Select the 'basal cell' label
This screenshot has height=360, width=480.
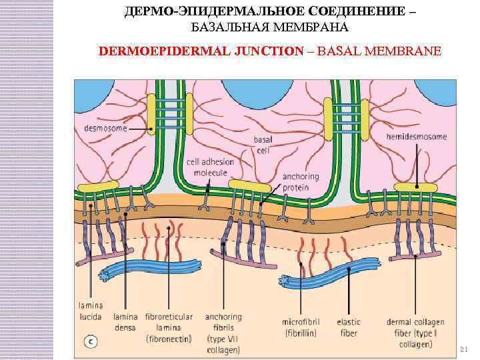pos(263,145)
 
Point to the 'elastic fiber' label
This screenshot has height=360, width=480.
pos(348,327)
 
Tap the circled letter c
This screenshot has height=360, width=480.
pos(91,341)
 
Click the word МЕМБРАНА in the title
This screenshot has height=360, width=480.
pos(312,27)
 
